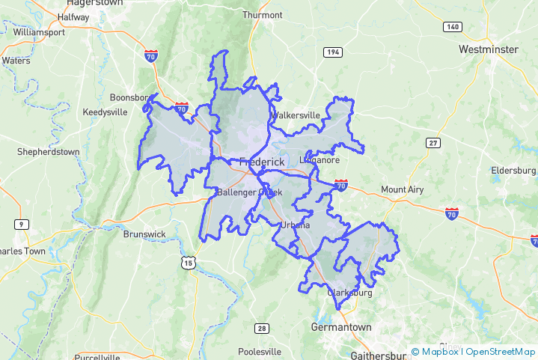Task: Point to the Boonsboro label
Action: coord(130,98)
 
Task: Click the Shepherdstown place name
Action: coord(48,152)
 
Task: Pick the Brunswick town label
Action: coord(144,234)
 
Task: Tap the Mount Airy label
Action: coord(402,190)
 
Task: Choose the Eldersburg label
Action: coord(513,171)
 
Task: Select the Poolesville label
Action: coord(259,352)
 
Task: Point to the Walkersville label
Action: coord(296,115)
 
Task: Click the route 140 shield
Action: coord(451,27)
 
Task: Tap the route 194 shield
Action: coord(333,52)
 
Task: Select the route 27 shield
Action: coord(433,143)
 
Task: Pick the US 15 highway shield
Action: coord(188,261)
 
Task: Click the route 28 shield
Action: coord(261,329)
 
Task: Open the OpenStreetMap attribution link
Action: coord(501,352)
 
